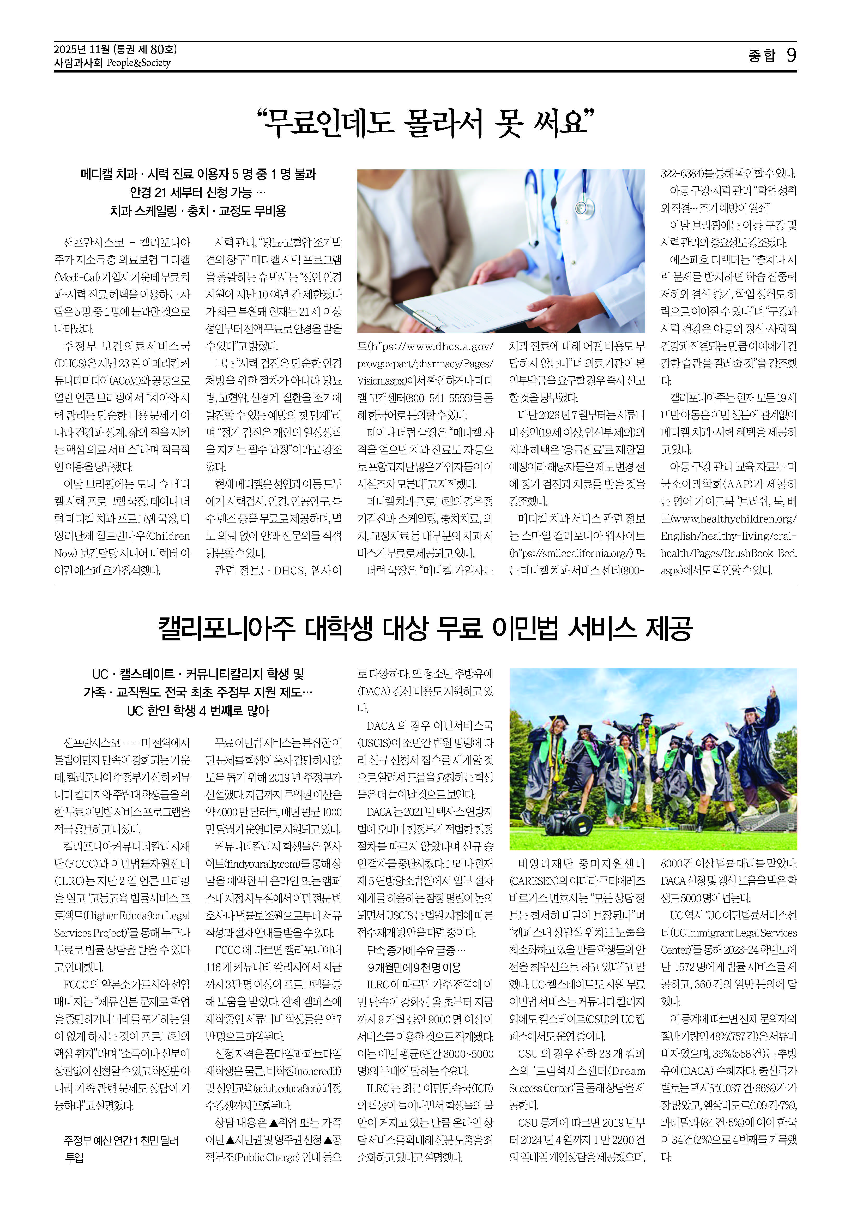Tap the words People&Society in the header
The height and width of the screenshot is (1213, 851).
point(138,63)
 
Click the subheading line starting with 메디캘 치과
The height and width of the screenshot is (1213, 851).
point(198,174)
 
